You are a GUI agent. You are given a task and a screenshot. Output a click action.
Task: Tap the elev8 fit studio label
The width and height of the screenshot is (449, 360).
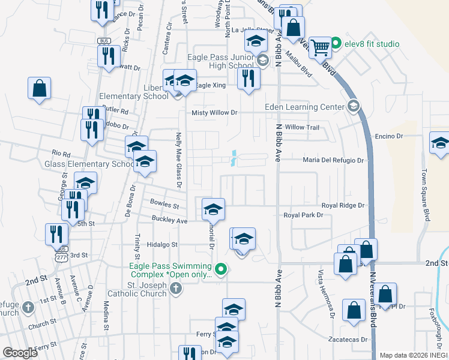coord(370,44)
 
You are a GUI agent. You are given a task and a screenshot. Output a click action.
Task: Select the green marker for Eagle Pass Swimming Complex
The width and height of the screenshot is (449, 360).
coord(221,268)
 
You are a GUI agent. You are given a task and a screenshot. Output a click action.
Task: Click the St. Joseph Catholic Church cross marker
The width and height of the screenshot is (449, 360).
coord(175,289)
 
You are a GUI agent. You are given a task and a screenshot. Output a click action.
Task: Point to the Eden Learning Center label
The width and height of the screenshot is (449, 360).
coord(305,107)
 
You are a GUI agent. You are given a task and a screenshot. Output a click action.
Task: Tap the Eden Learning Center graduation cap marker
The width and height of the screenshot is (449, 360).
coord(354,107)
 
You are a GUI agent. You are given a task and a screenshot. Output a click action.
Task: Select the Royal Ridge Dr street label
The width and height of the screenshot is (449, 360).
coord(343,205)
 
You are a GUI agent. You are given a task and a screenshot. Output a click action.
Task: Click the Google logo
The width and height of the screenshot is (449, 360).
coord(20,353)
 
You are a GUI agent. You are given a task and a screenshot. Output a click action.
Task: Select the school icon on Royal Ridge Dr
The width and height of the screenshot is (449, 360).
coord(213,209)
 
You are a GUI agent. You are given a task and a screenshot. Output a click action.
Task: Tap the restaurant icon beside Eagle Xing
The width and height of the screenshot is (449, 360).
coord(249,78)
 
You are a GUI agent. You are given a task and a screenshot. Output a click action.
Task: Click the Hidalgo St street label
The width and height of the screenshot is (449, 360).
coord(163,245)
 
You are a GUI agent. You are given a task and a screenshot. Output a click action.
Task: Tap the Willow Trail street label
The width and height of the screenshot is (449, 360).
coord(303,127)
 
